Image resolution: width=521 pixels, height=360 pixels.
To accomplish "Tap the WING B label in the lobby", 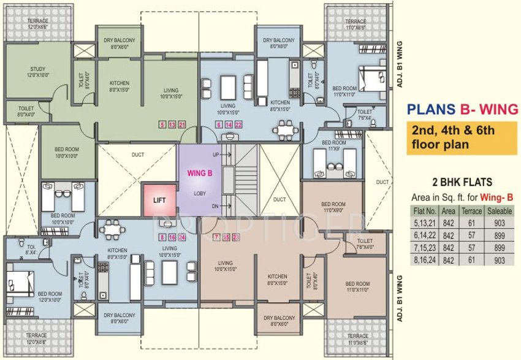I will (200, 174).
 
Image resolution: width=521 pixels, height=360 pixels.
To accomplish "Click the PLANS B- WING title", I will (463, 110).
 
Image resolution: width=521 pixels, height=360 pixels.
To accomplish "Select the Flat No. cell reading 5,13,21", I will (424, 221).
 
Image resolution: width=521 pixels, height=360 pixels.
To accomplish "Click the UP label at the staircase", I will (215, 155).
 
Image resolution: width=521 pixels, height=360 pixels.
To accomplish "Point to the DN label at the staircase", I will (215, 207).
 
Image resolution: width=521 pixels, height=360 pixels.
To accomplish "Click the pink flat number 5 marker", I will (162, 124).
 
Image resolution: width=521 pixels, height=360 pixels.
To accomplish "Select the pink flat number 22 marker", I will (238, 124).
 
